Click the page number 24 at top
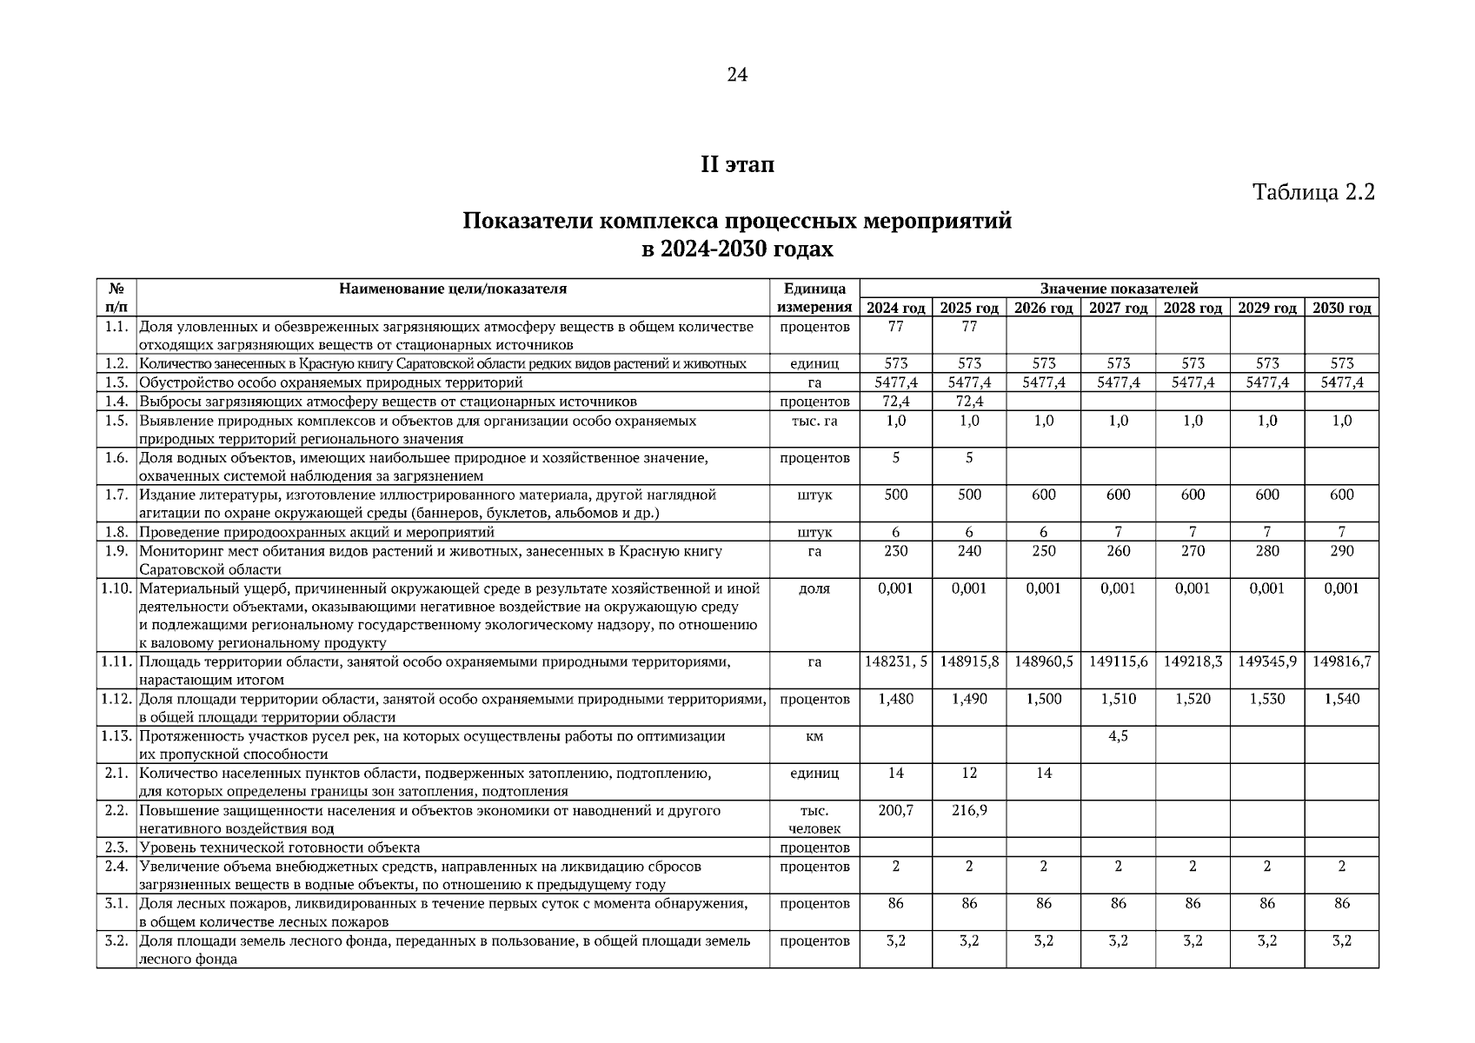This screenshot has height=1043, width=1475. tap(736, 76)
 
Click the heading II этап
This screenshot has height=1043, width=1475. tap(737, 165)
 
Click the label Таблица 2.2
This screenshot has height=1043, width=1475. tap(1313, 192)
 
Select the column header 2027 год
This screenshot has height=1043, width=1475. tap(1118, 308)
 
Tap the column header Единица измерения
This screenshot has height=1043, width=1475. tap(814, 297)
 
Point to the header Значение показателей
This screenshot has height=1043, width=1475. tap(1119, 289)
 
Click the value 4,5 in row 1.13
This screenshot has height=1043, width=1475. tap(1118, 736)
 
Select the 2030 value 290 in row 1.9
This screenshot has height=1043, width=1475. tap(1341, 551)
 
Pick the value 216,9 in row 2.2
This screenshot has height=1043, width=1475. tap(969, 810)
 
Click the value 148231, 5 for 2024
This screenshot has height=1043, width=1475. tap(896, 661)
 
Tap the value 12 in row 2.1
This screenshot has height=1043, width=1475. tap(969, 773)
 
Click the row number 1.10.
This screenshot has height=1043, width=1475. tap(116, 588)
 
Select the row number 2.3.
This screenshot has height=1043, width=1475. tap(116, 847)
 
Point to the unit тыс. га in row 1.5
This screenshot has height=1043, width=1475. tap(814, 421)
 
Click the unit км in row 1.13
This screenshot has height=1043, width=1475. tap(814, 736)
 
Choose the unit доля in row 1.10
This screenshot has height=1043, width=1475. tap(814, 588)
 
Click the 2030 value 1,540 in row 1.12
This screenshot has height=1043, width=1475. tap(1341, 699)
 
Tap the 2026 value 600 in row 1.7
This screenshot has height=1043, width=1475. tap(1043, 495)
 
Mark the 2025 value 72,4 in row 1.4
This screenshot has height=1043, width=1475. tap(969, 402)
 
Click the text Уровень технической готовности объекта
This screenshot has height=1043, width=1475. tap(279, 847)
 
